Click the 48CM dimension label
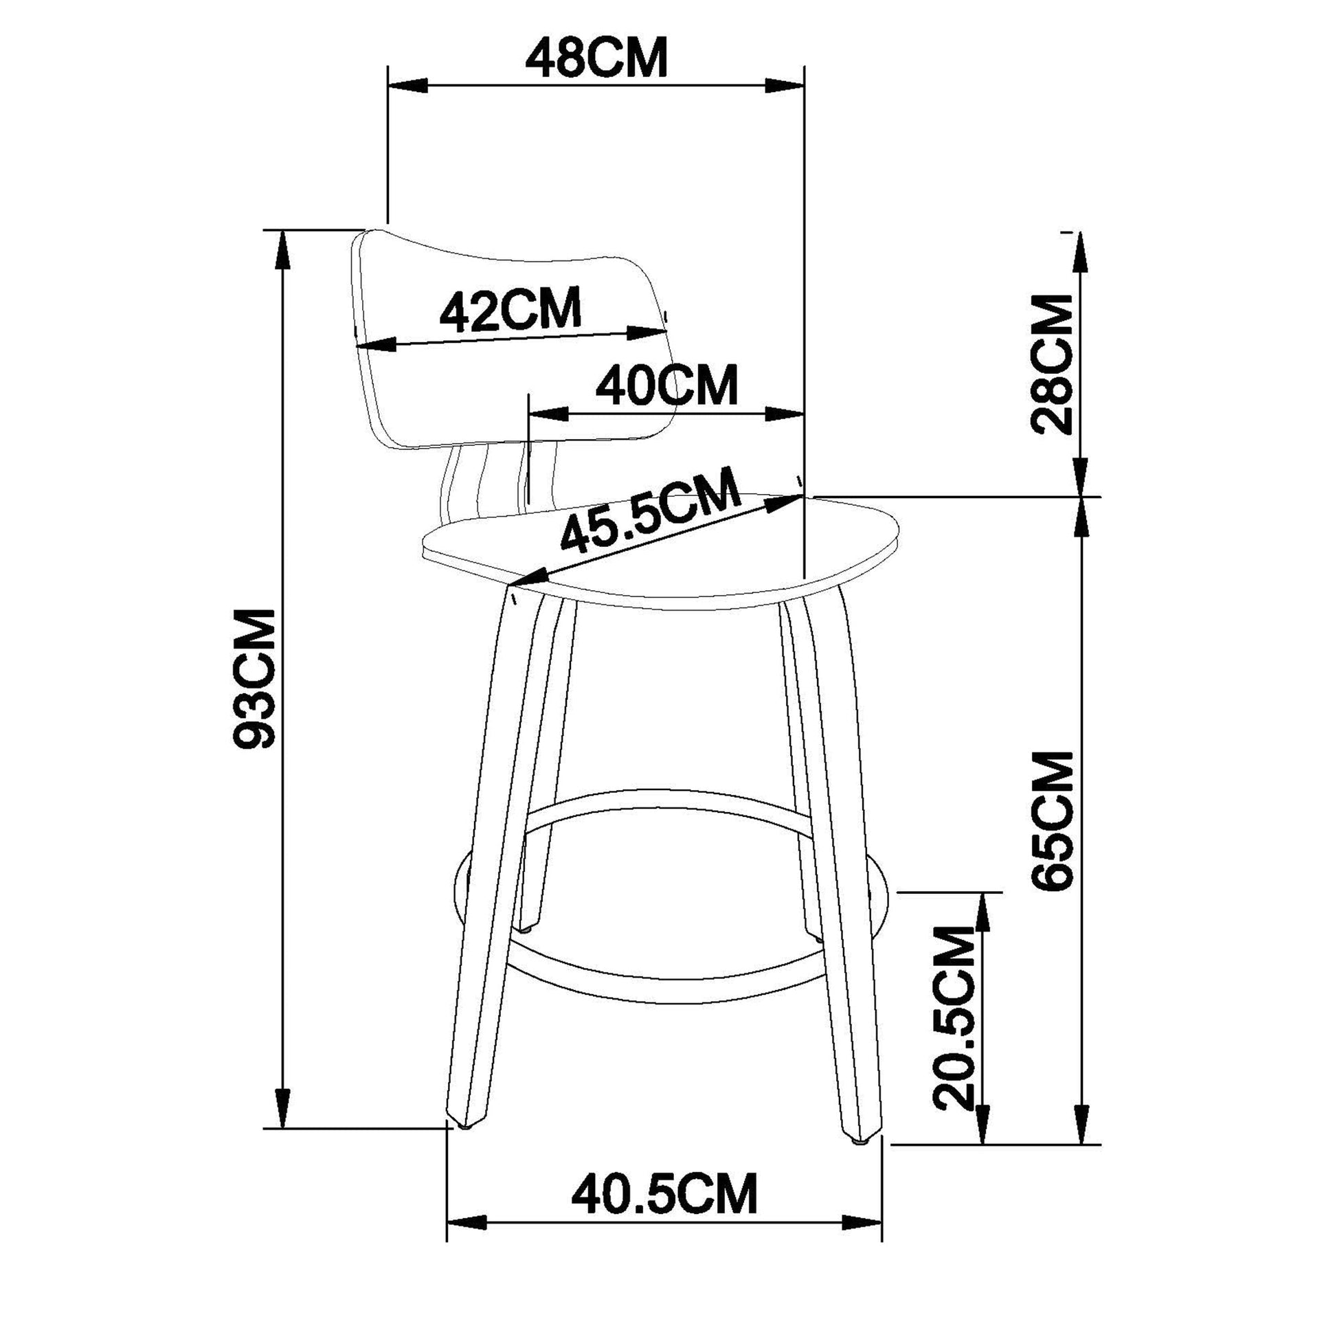596,60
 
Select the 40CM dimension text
667,385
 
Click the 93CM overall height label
254,679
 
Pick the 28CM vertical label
1051,364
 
